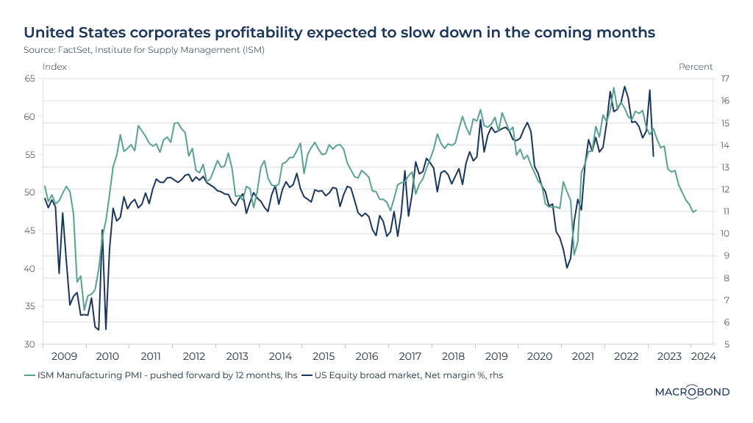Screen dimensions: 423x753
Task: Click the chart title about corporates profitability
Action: tap(339, 32)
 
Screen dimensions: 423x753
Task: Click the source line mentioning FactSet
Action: tap(144, 50)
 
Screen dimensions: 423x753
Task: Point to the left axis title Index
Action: tap(54, 67)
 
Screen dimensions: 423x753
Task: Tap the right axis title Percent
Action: tap(695, 67)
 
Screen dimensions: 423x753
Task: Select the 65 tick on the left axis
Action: tap(29, 79)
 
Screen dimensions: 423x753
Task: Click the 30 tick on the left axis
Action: tap(29, 344)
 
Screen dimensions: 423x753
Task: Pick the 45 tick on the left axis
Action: tap(29, 231)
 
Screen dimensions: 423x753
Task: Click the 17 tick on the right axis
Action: tap(724, 79)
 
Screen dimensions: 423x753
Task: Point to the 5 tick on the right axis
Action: tap(724, 344)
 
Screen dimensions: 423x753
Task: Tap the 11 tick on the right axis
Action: tap(724, 211)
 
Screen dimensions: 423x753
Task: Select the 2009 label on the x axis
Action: tap(64, 356)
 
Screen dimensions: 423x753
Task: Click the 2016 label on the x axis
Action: tap(367, 356)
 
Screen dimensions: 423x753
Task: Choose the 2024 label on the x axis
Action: tap(704, 356)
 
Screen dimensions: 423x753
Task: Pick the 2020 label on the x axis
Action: tap(540, 356)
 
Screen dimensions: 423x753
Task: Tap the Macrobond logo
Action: tap(692, 392)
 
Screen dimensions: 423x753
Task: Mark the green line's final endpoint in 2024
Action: tap(696, 211)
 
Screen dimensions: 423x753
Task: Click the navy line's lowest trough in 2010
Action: tap(106, 329)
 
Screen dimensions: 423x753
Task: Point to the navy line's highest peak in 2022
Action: tap(624, 86)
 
